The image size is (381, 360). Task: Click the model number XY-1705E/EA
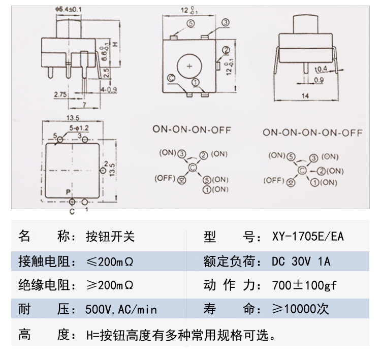308,237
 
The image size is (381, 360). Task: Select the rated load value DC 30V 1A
301,261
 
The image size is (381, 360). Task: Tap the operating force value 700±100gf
304,285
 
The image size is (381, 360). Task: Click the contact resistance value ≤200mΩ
110,261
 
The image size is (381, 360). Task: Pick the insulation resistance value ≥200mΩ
110,285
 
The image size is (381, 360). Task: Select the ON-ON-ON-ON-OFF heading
312,133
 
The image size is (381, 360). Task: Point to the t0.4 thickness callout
320,70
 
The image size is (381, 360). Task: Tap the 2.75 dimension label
60,94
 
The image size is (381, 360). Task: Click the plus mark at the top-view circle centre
189,66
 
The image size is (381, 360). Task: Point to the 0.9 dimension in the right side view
319,80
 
